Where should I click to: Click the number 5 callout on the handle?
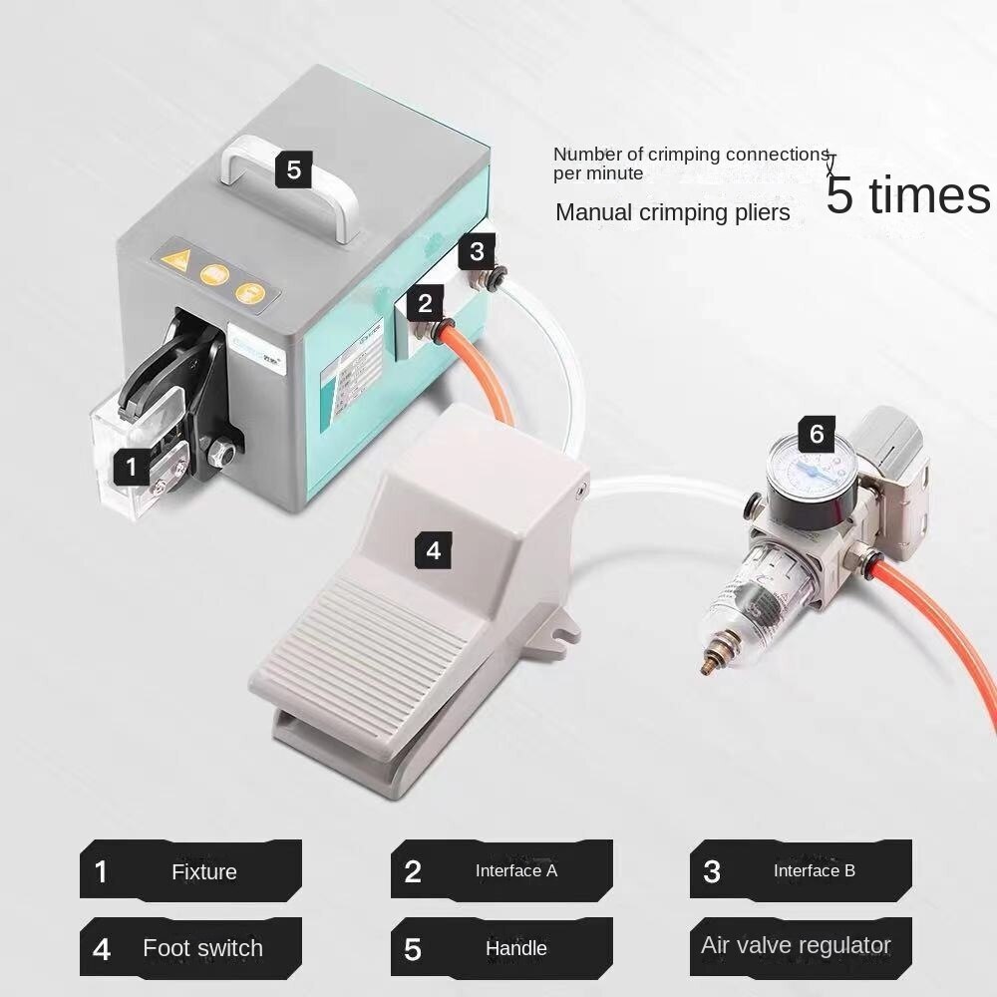click(293, 169)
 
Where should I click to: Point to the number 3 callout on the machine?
click(477, 251)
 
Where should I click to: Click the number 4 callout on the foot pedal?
click(433, 549)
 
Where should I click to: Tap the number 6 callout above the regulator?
click(817, 435)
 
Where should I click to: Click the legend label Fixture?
click(203, 871)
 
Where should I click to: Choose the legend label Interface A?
click(515, 870)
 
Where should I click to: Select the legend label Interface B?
click(814, 870)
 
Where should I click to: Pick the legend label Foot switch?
click(202, 947)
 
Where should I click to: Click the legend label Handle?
click(515, 948)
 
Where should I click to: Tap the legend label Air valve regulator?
click(796, 945)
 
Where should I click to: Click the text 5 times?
click(907, 195)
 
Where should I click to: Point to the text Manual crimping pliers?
click(672, 212)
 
